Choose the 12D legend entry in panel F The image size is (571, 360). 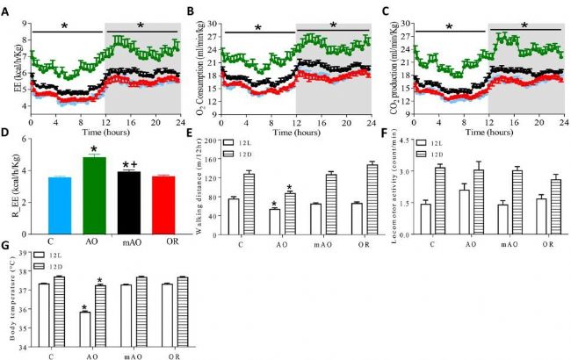[431, 154]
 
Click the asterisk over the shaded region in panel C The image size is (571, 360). [524, 25]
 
